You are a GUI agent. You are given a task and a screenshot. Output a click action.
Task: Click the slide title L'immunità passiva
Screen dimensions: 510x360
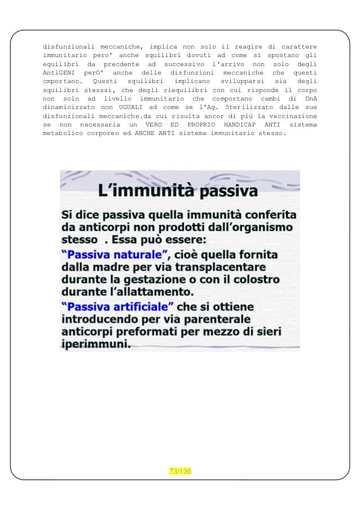pyautogui.click(x=178, y=191)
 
